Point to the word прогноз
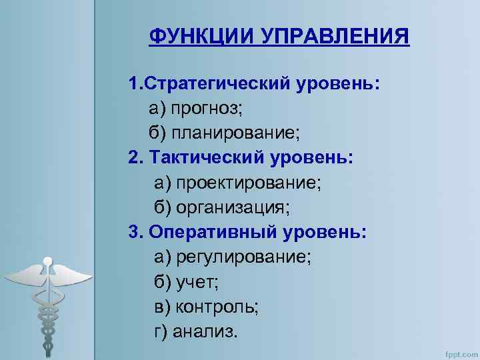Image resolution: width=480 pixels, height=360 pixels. [x=207, y=108]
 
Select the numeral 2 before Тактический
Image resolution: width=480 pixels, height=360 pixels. [x=134, y=157]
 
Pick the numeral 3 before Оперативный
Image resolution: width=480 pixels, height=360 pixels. [x=134, y=232]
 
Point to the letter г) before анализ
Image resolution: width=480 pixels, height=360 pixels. [x=161, y=331]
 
